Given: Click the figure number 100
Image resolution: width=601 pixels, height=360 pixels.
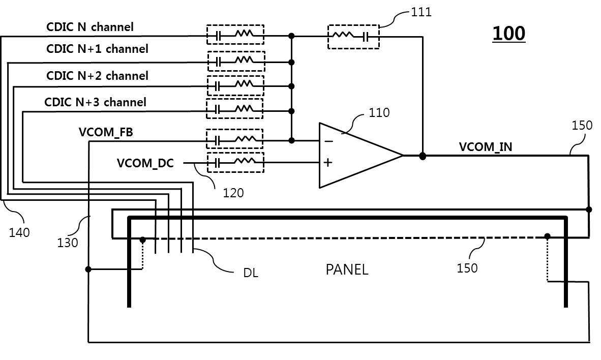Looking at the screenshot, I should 508,34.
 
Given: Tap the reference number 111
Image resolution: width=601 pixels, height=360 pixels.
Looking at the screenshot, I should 421,12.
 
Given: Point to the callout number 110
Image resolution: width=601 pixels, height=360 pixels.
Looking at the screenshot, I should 379,112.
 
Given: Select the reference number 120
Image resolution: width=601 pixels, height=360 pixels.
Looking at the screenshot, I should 233,193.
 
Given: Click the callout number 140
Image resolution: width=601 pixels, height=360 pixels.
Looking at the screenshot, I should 19,232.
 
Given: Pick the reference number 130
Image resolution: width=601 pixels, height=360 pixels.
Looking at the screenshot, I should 68,243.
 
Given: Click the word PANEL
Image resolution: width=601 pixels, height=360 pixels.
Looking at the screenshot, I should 347,269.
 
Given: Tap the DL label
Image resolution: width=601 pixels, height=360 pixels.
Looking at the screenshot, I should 251,273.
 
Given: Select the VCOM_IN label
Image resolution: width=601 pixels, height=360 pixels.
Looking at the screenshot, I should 486,147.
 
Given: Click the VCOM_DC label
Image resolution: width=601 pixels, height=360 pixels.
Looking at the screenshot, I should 145,163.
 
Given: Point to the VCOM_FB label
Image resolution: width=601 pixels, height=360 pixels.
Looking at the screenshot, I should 106,132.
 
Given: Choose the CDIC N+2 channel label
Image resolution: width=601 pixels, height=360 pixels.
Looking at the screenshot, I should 97,76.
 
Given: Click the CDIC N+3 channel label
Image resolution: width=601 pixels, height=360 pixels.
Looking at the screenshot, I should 95,102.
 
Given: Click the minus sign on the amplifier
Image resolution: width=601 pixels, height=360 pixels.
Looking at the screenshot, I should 328,141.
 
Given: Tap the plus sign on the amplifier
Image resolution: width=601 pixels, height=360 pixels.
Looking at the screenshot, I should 328,163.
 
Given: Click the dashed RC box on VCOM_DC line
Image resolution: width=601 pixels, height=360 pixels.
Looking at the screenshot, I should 235,163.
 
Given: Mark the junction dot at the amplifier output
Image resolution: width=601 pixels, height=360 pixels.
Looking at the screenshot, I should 423,156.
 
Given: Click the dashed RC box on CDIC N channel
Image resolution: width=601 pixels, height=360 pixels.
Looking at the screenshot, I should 235,35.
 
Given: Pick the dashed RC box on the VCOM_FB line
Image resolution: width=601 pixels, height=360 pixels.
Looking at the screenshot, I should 234,139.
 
